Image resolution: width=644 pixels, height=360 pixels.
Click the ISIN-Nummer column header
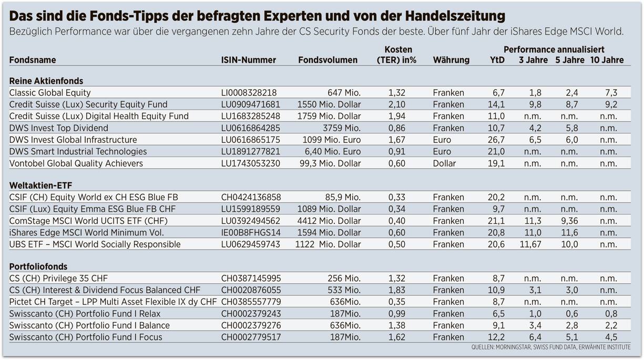pyautogui.click(x=248, y=60)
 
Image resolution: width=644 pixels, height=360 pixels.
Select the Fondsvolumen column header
pyautogui.click(x=328, y=60)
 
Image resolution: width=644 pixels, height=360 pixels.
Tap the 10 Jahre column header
pyautogui.click(x=607, y=60)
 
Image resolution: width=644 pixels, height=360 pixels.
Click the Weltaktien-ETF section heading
pyautogui.click(x=41, y=186)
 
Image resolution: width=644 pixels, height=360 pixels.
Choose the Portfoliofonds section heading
pyautogui.click(x=38, y=266)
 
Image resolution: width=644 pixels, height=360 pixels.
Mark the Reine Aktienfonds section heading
pyautogui.click(x=46, y=81)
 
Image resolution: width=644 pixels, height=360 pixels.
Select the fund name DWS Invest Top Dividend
pyautogui.click(x=59, y=128)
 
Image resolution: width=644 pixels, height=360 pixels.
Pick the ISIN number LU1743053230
pyautogui.click(x=251, y=163)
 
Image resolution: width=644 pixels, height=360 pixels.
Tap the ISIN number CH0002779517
pyautogui.click(x=251, y=337)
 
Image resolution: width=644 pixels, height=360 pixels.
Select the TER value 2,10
pyautogui.click(x=397, y=105)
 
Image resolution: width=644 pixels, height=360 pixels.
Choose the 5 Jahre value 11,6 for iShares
pyautogui.click(x=569, y=232)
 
